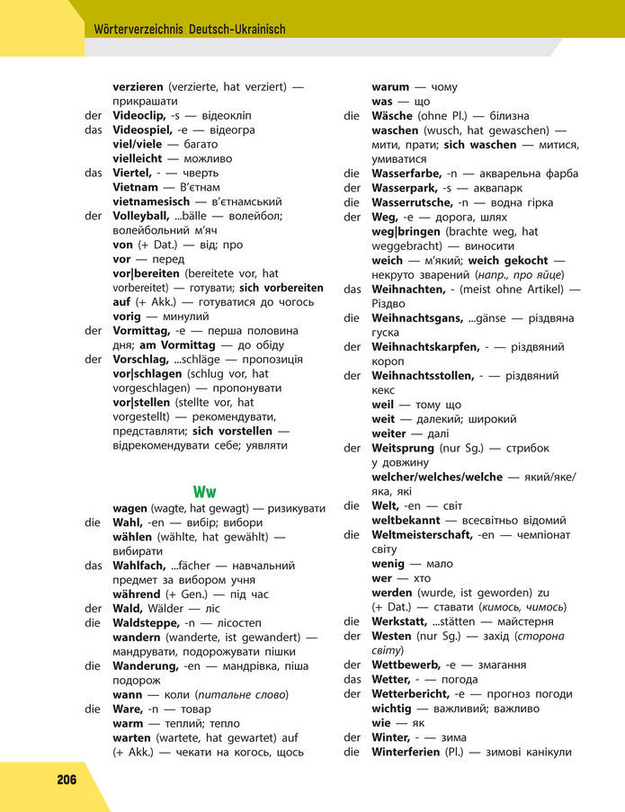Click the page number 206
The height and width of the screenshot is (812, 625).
coord(67,779)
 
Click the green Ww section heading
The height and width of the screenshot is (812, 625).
coord(204,492)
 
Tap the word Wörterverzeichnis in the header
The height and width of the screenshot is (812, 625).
coord(139,30)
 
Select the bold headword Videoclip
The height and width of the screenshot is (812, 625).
coord(141,115)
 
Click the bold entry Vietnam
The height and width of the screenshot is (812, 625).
coord(136,187)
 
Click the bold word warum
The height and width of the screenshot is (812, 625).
coord(390,87)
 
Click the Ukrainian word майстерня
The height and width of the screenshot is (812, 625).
coord(517,621)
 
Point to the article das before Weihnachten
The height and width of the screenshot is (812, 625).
coord(353,289)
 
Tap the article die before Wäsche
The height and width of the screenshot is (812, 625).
coord(352,116)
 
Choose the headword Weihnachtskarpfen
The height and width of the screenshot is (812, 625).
coord(425,346)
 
